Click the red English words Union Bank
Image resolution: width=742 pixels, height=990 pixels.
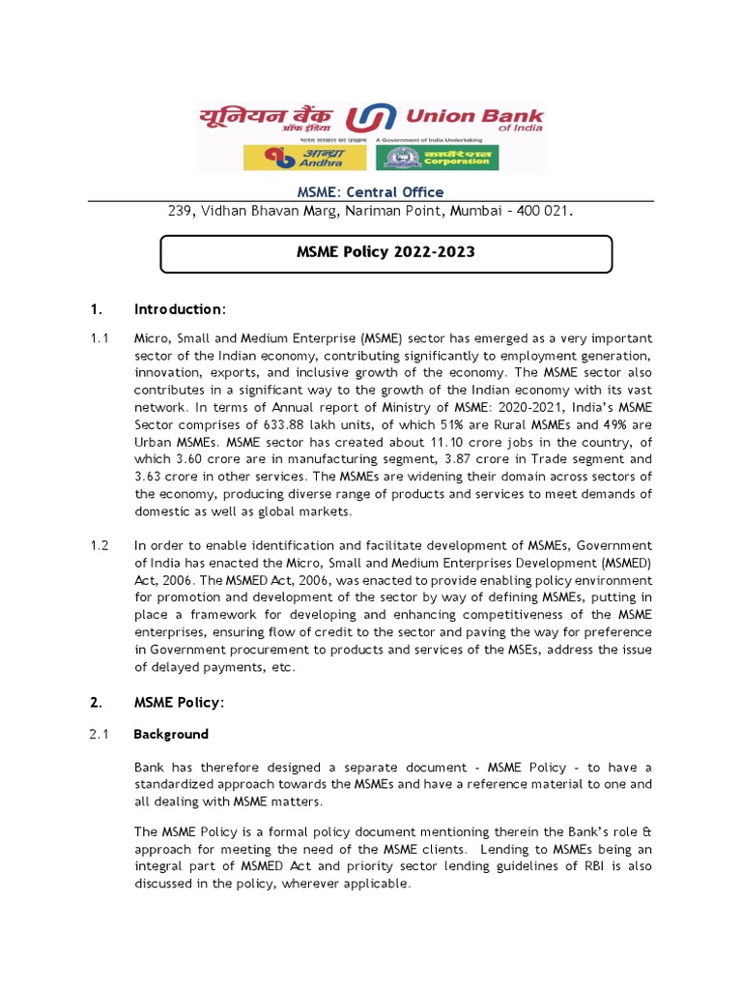(473, 116)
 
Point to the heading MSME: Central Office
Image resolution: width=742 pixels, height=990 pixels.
(370, 191)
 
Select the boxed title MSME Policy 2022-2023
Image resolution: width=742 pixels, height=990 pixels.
(385, 252)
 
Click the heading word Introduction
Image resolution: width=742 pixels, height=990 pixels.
(178, 309)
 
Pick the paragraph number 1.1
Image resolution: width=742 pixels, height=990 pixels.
(100, 338)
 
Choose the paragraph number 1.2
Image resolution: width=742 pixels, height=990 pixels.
(100, 546)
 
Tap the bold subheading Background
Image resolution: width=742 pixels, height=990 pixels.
(170, 734)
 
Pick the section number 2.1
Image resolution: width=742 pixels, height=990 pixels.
(100, 734)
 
